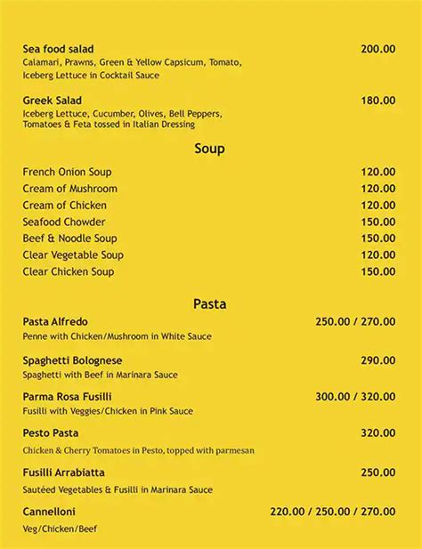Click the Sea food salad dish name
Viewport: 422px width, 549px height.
point(58,49)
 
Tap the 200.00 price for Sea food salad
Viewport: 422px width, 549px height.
point(378,49)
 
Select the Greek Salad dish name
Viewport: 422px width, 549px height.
point(52,101)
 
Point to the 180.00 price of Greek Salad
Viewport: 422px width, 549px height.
point(378,101)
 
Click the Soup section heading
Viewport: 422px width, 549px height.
point(209,149)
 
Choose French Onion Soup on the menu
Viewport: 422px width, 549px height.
point(67,172)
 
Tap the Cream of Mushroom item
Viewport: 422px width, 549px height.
point(69,189)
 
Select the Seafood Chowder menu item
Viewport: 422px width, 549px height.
point(64,222)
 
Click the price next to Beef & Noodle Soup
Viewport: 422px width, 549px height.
point(378,238)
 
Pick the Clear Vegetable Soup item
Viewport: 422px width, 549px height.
point(73,255)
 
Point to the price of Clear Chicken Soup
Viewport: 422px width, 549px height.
point(378,271)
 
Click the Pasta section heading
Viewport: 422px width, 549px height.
point(209,303)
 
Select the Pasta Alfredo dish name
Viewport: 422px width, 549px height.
point(55,321)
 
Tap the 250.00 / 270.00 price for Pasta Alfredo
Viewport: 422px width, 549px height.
point(355,321)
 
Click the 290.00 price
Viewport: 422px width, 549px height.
point(378,360)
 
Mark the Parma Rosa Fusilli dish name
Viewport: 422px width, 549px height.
point(67,396)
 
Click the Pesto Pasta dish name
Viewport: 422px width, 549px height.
point(51,433)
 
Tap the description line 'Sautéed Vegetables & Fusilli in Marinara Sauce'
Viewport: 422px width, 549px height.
point(118,489)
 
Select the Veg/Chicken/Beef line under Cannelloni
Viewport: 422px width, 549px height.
point(60,529)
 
